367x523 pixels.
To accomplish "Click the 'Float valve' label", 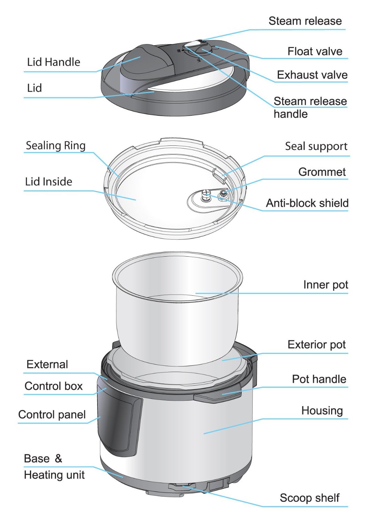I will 315,52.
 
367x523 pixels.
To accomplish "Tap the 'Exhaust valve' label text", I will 312,75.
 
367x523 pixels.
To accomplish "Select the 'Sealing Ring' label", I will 56,145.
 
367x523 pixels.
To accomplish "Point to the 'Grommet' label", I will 322,172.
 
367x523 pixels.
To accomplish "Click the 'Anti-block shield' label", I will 307,203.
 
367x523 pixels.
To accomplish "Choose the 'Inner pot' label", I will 326,285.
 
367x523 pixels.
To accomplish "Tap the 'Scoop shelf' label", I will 310,498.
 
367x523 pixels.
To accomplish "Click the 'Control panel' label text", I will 52,415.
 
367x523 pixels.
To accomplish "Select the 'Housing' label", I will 322,411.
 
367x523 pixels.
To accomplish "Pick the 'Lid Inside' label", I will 49,182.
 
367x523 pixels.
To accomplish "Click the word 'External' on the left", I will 47,364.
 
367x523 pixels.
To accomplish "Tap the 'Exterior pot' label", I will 317,345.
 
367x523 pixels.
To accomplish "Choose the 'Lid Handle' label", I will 54,62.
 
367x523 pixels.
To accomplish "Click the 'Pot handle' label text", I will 319,379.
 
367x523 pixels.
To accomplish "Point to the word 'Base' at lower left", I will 37,458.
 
